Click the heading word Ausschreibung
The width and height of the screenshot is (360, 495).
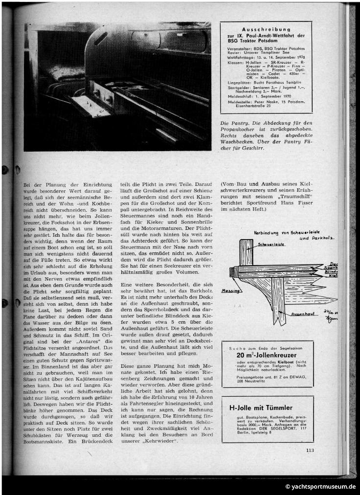point(266,29)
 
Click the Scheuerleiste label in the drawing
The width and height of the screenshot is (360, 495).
point(268,243)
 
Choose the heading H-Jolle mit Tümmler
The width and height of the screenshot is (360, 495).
point(261,407)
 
